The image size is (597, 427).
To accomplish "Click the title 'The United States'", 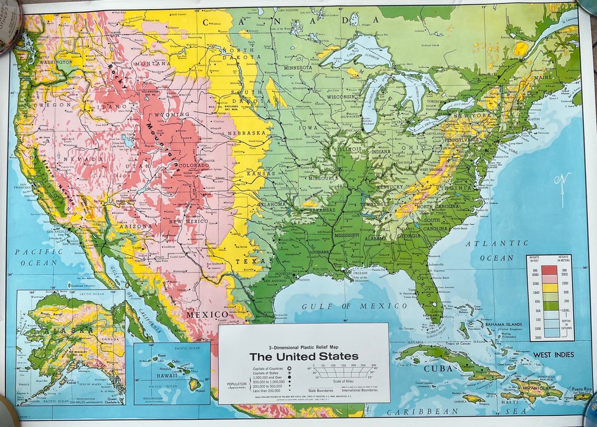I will (x=303, y=356).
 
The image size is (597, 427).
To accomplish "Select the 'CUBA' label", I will (x=435, y=368).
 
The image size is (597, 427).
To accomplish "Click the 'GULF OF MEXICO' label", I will (x=354, y=306).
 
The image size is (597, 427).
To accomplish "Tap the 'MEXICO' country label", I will (x=207, y=314).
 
